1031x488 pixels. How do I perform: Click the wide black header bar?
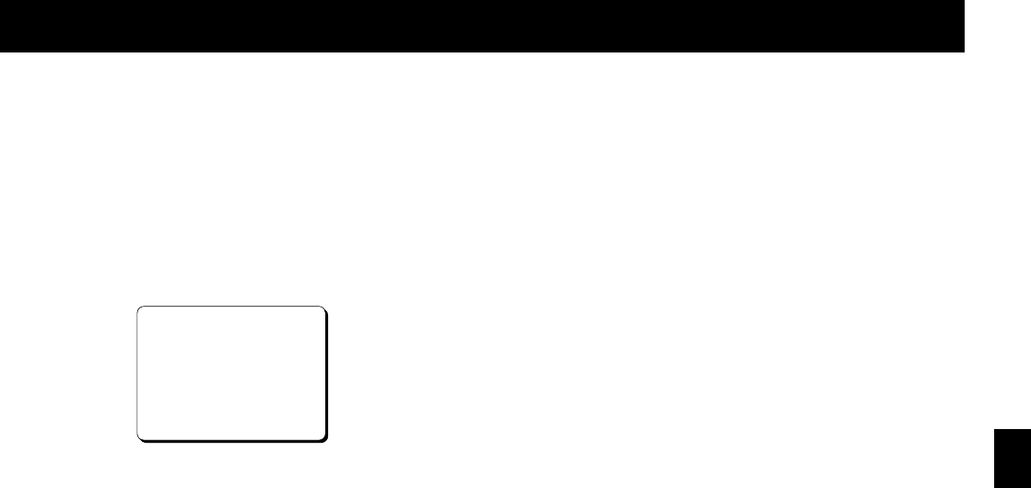pyautogui.click(x=482, y=25)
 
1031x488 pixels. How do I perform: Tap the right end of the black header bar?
pyautogui.click(x=958, y=25)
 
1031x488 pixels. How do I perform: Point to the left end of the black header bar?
pyautogui.click(x=5, y=25)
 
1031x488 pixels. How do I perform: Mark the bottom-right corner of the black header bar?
pyautogui.click(x=963, y=50)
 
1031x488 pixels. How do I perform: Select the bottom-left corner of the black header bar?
pyautogui.click(x=1, y=50)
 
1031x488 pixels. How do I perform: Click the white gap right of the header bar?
pyautogui.click(x=998, y=25)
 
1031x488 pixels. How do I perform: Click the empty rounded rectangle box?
pyautogui.click(x=231, y=373)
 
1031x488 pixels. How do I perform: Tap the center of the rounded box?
pyautogui.click(x=231, y=374)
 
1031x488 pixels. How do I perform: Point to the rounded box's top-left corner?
pyautogui.click(x=139, y=308)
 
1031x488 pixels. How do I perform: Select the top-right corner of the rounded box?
pyautogui.click(x=323, y=308)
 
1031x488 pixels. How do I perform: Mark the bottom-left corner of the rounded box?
pyautogui.click(x=139, y=438)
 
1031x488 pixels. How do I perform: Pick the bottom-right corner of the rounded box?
pyautogui.click(x=324, y=439)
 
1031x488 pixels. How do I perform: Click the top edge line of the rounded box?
pyautogui.click(x=231, y=307)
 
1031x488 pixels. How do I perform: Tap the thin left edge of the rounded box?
pyautogui.click(x=137, y=373)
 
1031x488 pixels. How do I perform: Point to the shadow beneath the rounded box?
pyautogui.click(x=235, y=442)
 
